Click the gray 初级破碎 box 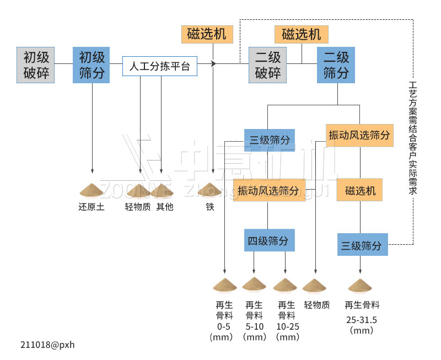[x=36, y=65]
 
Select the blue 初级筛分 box [x=92, y=65]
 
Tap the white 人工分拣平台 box [x=159, y=67]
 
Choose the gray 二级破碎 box [x=268, y=65]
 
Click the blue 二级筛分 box [x=336, y=65]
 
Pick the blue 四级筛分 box [x=267, y=241]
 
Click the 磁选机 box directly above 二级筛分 [x=301, y=34]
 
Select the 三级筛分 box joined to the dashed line [x=362, y=245]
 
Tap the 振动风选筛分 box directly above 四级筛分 [x=268, y=191]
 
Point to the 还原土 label [x=92, y=207]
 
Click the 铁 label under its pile [x=210, y=207]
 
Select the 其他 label [x=164, y=207]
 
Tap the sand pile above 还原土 [x=92, y=190]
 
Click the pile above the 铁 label [x=210, y=189]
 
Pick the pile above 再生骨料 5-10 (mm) [x=254, y=284]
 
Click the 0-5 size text [x=224, y=326]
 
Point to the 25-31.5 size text [x=362, y=319]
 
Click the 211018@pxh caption [x=47, y=345]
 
